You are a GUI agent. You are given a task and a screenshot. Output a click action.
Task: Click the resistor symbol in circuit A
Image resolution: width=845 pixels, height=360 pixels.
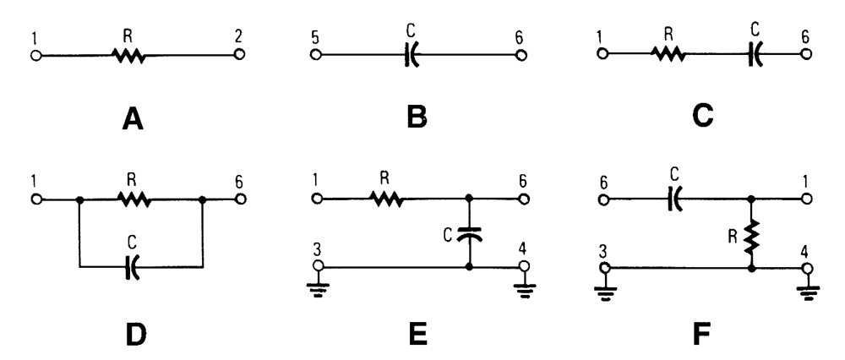click(x=128, y=56)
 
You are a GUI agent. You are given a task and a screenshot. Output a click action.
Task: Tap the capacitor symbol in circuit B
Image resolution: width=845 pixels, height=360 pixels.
click(x=412, y=56)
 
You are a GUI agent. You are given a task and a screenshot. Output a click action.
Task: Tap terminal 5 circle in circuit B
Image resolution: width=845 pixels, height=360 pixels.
click(x=315, y=56)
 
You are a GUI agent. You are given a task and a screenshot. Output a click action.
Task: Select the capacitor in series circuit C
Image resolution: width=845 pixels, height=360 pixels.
click(x=755, y=56)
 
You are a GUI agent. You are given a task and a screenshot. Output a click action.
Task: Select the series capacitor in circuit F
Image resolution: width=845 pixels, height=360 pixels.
click(x=676, y=200)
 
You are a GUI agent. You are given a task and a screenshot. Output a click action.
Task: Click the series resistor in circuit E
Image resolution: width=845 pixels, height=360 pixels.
click(x=386, y=200)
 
